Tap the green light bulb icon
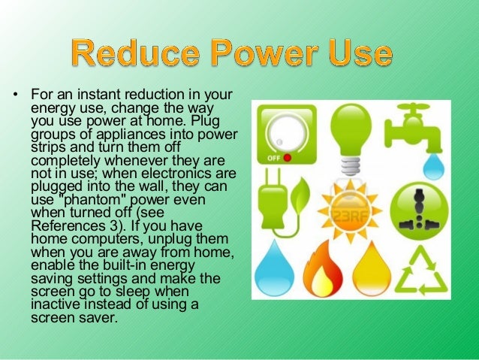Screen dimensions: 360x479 349,135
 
